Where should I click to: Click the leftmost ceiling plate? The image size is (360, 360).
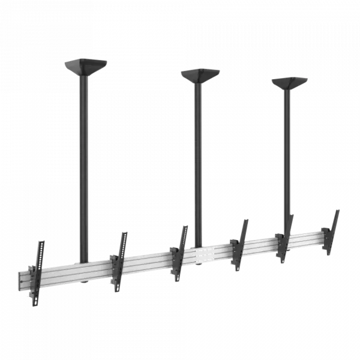(x=86, y=65)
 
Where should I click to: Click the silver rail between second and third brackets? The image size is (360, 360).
(x=150, y=262)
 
